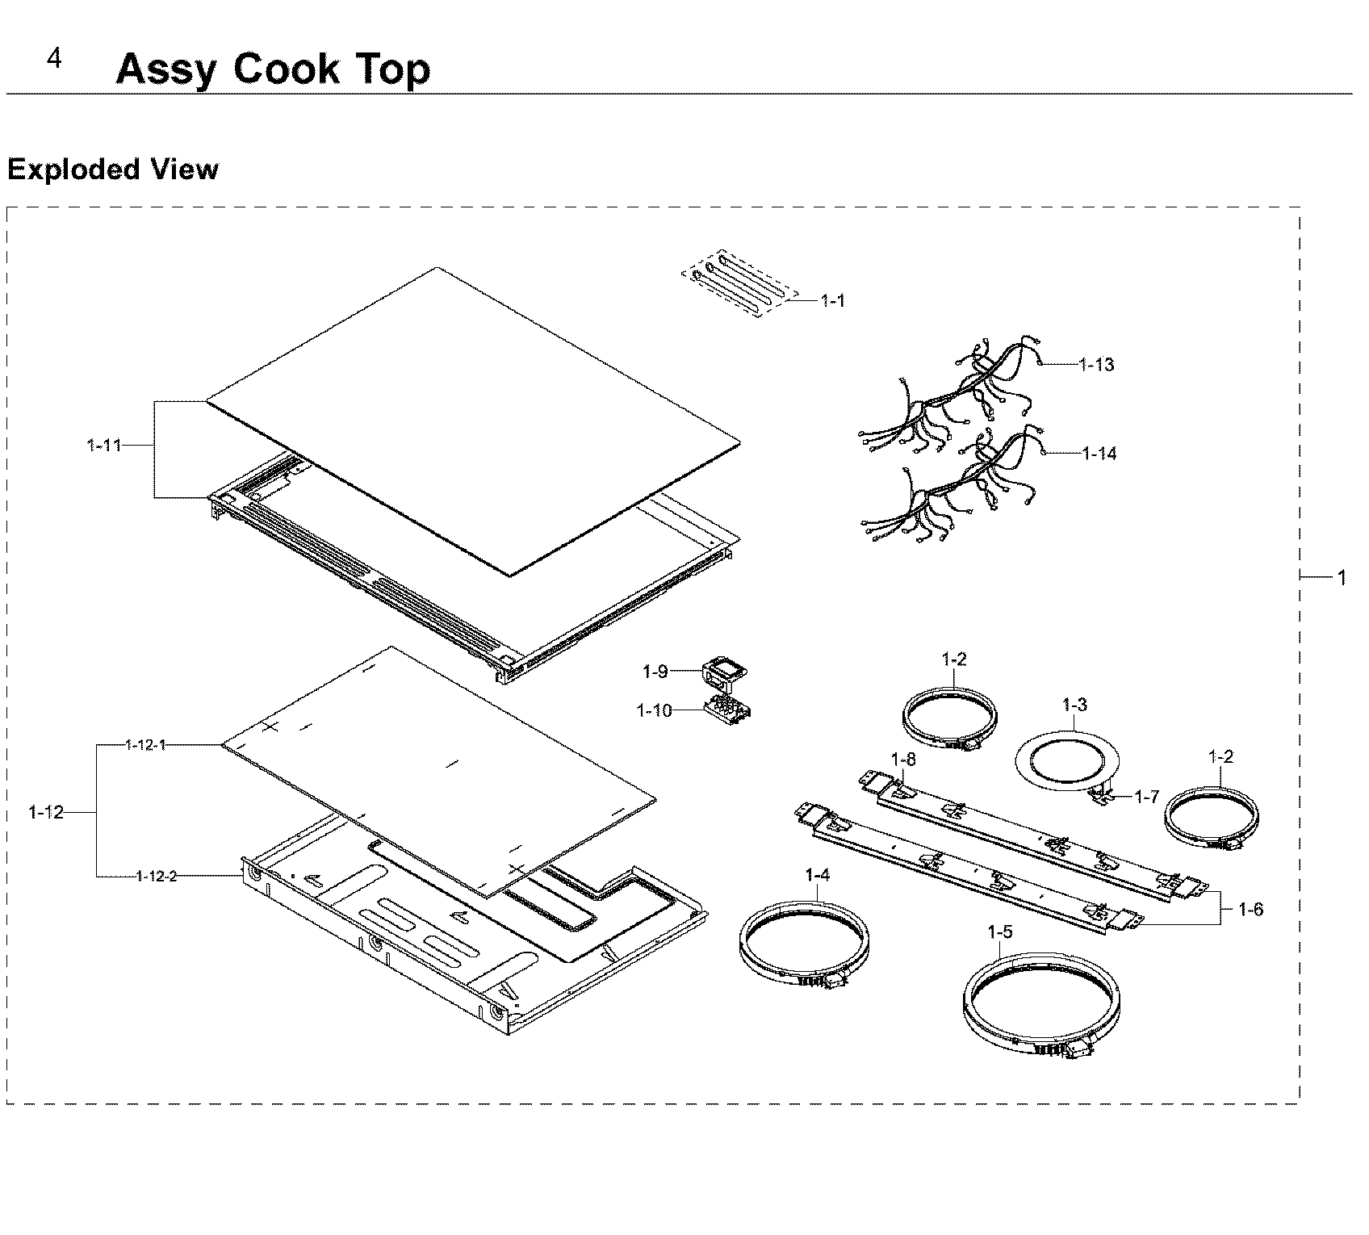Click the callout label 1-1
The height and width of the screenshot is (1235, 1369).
point(832,301)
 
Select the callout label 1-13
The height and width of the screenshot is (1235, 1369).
point(1096,365)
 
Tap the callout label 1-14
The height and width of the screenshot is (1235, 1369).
point(1099,454)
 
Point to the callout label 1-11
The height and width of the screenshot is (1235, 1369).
point(104,446)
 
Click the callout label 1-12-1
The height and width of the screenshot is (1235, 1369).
point(145,745)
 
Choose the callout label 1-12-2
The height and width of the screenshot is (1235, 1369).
point(157,876)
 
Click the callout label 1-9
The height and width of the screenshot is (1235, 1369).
point(655,671)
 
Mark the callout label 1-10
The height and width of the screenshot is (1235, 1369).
point(654,711)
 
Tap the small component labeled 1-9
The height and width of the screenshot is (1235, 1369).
point(723,670)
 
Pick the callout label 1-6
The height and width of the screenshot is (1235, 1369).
point(1251,910)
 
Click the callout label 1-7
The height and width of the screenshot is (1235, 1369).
point(1146,798)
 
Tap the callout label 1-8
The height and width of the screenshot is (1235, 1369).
point(903,759)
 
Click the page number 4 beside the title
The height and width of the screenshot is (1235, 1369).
point(54,59)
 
